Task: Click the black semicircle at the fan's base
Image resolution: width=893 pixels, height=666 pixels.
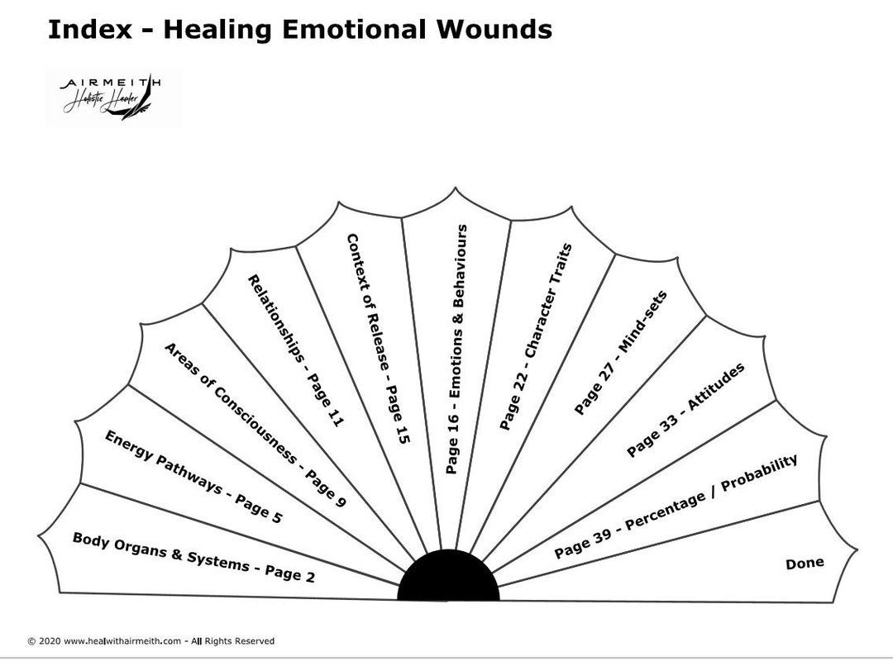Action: (x=448, y=578)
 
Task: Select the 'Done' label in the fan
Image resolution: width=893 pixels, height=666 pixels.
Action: (x=805, y=563)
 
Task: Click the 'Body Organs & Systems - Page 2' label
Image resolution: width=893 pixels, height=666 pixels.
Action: (x=193, y=558)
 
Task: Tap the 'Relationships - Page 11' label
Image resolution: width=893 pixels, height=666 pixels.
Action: (x=295, y=350)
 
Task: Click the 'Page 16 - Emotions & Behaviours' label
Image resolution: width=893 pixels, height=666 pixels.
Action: (x=456, y=349)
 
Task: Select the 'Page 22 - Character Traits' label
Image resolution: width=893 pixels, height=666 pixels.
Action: (x=536, y=336)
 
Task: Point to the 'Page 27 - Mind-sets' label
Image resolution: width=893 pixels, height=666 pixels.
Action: (x=620, y=352)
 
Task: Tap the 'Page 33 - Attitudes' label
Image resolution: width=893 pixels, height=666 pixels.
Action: (x=685, y=409)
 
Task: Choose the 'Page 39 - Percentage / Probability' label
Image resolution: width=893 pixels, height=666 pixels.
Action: (x=676, y=506)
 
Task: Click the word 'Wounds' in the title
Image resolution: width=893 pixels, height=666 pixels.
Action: (x=491, y=30)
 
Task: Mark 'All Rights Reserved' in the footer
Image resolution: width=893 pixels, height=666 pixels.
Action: (x=237, y=641)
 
